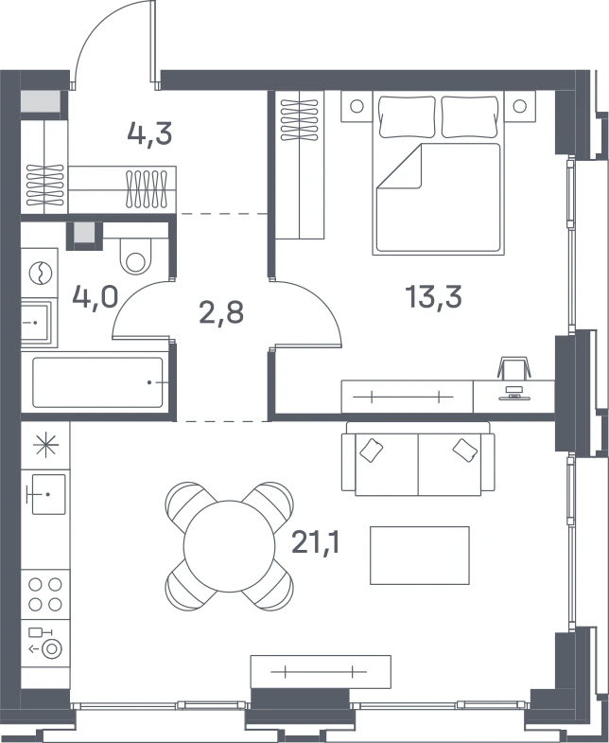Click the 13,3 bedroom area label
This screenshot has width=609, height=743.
tap(433, 297)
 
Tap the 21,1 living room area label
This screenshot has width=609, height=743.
tap(316, 542)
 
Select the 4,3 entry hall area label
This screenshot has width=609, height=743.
tap(149, 134)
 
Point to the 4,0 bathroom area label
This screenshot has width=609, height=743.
tap(95, 297)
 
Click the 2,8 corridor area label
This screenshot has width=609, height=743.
tap(221, 312)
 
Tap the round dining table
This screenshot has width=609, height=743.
tap(229, 546)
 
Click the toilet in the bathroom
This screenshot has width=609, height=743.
tap(135, 256)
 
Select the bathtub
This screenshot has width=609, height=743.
tap(97, 382)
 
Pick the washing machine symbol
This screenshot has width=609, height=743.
tap(41, 273)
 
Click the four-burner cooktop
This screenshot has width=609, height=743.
tap(45, 594)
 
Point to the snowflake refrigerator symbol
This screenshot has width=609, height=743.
tap(45, 446)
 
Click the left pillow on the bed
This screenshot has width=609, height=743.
tap(407, 117)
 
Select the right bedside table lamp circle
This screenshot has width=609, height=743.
tap(519, 106)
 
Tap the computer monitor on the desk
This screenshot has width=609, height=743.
tap(513, 394)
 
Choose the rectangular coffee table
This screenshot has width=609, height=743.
tap(420, 556)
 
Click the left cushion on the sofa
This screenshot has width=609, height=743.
tap(372, 451)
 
